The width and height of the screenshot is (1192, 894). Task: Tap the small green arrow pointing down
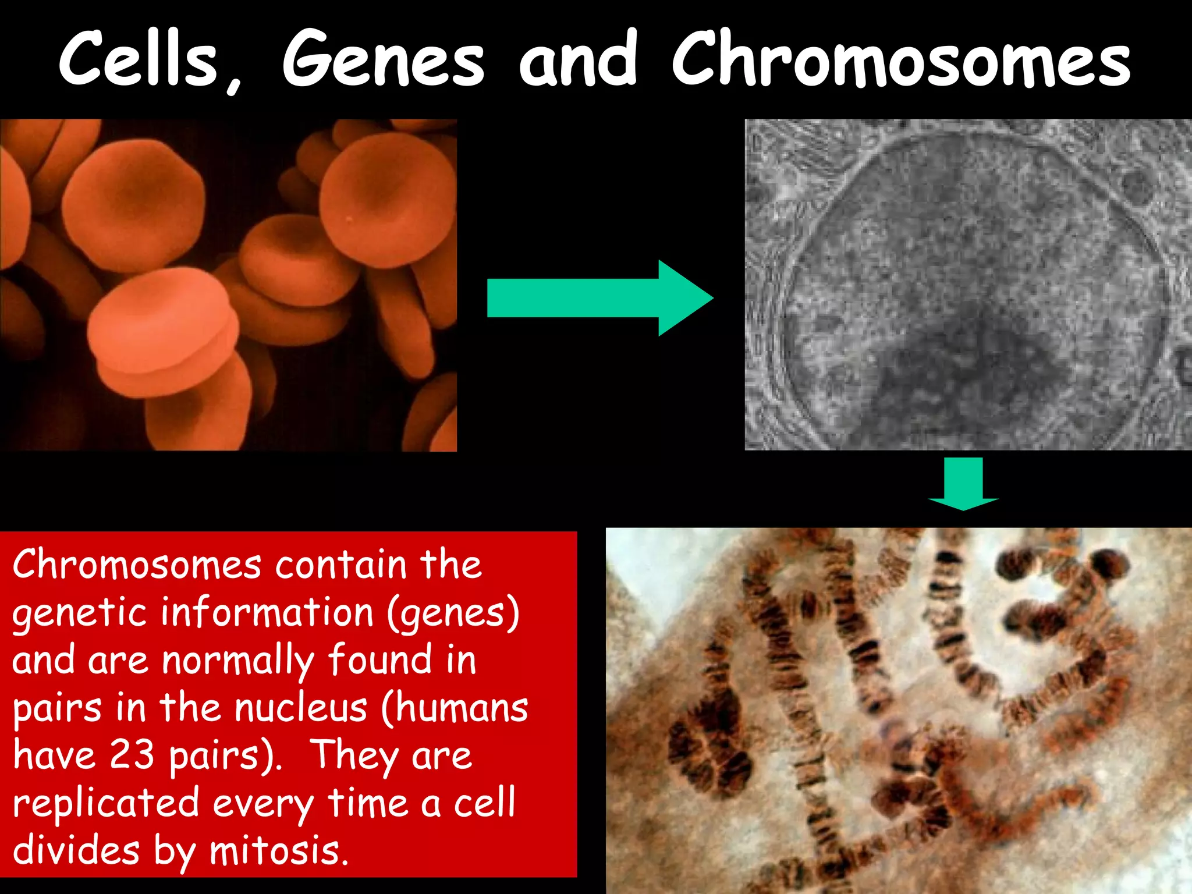963,484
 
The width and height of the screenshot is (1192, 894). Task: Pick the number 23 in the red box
132,755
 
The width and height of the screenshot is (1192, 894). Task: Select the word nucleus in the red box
300,708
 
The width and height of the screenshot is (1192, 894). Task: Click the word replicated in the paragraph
106,804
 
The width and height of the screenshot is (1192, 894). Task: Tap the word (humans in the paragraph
455,708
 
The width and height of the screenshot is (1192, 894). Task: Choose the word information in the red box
267,612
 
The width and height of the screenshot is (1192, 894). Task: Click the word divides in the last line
76,850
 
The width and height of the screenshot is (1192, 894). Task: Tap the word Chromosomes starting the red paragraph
137,565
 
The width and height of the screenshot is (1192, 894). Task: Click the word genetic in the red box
79,613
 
